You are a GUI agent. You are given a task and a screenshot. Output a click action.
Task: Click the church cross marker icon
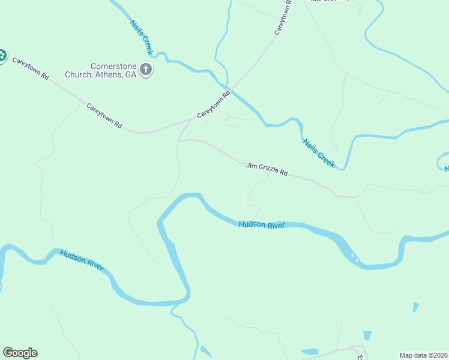145,70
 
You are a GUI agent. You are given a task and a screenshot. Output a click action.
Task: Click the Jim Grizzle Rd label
267,169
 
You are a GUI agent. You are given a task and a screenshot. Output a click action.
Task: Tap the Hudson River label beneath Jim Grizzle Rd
261,224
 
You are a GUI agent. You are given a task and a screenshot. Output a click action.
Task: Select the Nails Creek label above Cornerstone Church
141,38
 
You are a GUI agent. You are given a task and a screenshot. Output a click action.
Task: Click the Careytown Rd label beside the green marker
31,68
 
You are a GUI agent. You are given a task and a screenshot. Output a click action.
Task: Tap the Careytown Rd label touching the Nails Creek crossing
214,104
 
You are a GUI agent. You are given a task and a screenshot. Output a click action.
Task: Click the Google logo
20,353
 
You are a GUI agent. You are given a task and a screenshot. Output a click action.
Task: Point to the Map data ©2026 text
423,355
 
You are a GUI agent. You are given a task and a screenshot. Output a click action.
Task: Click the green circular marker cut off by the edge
2,56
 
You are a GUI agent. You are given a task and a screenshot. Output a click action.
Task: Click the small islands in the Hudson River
354,259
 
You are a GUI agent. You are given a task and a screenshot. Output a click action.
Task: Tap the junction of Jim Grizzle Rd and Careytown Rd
191,120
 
